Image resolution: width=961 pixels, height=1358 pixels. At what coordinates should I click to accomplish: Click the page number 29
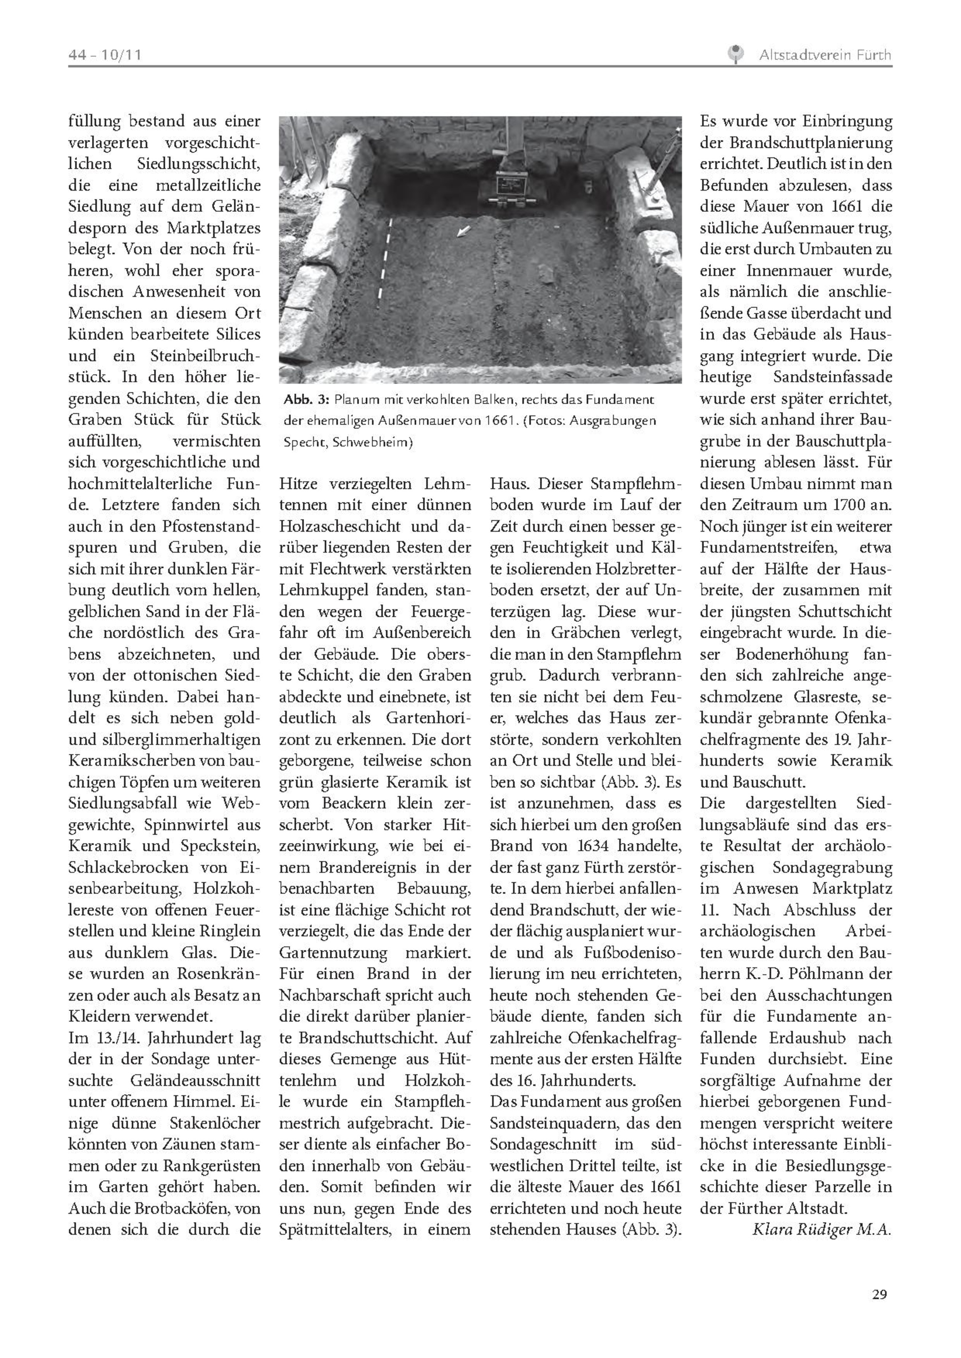tap(879, 1294)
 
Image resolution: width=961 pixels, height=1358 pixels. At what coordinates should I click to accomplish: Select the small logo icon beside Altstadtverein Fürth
tap(735, 54)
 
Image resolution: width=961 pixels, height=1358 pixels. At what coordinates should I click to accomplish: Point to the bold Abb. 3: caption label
tap(306, 400)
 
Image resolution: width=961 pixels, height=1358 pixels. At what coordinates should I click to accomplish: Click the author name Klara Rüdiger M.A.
tap(822, 1230)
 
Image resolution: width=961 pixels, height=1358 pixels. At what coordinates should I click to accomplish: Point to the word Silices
tap(236, 334)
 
